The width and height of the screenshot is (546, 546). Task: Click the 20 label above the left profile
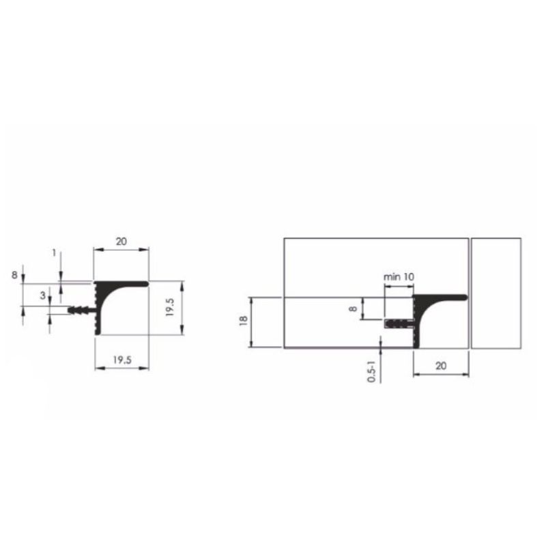(x=121, y=242)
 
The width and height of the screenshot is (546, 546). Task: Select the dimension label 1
(x=54, y=253)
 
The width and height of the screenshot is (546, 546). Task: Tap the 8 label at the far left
(x=14, y=275)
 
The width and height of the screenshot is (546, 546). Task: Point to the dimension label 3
(x=42, y=296)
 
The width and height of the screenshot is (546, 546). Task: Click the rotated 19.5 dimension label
(x=170, y=307)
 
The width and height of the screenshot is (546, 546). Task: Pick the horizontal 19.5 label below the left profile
(x=122, y=360)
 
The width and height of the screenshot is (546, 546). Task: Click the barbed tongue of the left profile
(x=81, y=310)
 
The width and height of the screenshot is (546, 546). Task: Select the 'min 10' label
(x=399, y=277)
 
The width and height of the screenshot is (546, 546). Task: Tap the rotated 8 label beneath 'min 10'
(x=353, y=308)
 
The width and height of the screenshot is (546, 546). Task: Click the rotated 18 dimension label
(x=244, y=320)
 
